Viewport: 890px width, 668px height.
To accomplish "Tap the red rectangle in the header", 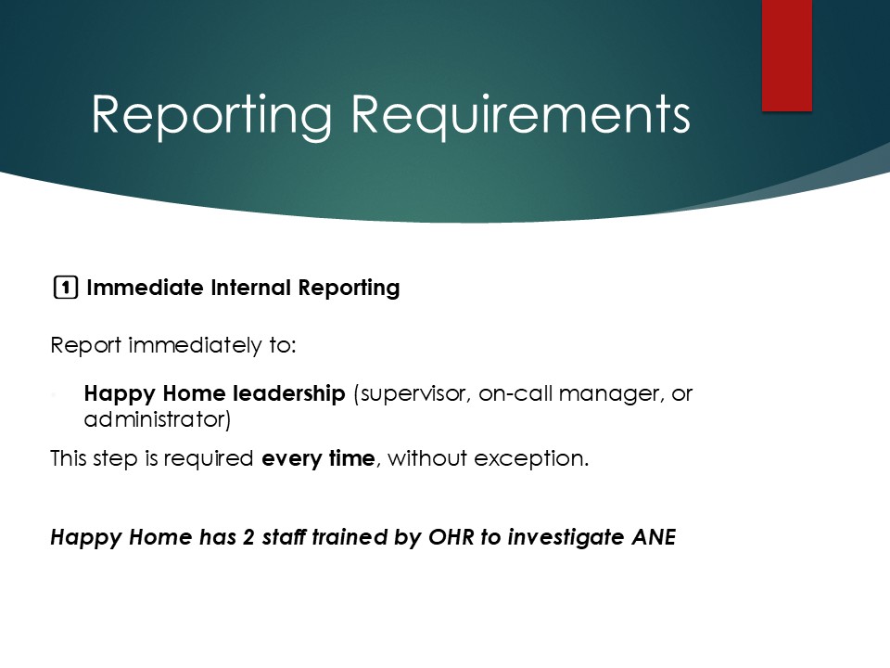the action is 787,55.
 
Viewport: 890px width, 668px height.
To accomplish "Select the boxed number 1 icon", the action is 65,288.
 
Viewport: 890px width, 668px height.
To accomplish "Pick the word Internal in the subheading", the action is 251,288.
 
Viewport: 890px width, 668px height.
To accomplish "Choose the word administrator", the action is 158,419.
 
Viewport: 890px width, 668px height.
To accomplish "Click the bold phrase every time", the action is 318,458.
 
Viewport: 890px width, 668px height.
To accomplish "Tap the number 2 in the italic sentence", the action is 248,537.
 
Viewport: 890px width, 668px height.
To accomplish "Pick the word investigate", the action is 566,537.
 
